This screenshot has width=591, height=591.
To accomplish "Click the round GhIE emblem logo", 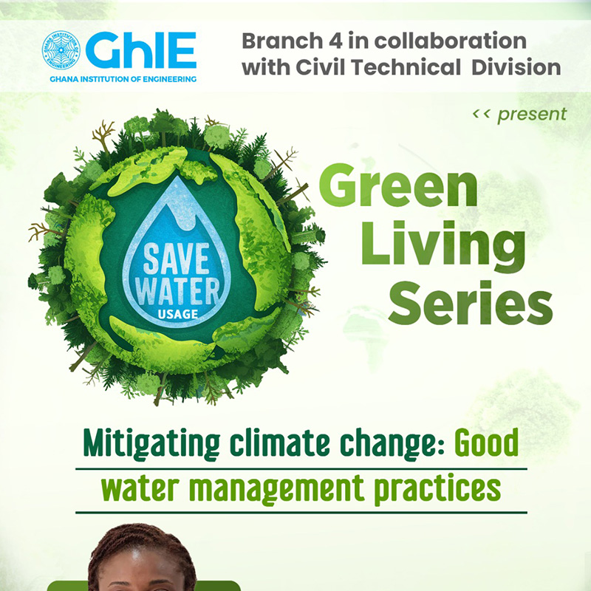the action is click(61, 50).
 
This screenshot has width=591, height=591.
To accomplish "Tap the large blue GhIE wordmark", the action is click(141, 50).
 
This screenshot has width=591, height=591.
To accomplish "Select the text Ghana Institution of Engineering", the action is click(123, 79).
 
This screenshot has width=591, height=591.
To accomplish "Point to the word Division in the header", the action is click(516, 67).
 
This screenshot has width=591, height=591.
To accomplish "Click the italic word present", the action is click(532, 115).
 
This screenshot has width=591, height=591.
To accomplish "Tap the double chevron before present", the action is click(481, 114).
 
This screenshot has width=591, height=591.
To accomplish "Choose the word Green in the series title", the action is click(398, 185).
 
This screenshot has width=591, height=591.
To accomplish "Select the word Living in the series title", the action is click(443, 247).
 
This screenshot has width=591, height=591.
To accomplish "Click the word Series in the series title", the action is click(471, 304).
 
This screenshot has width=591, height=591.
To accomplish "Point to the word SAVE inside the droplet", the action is click(176, 258).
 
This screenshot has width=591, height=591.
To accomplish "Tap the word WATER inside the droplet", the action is click(177, 291).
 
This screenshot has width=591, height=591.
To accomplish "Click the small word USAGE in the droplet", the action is click(178, 314).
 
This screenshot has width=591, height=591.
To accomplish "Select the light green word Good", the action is click(486, 443).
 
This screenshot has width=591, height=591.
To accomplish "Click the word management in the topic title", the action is click(276, 488).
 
